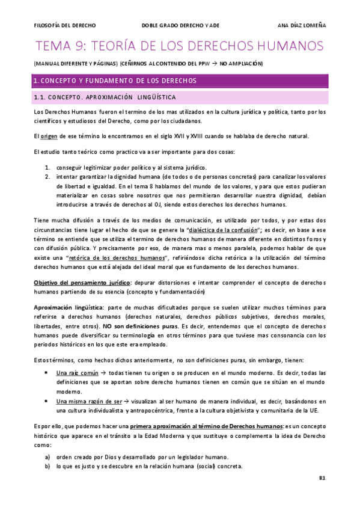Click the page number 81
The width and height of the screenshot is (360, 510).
click(322, 478)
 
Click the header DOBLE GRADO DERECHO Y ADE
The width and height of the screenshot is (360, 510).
click(181, 25)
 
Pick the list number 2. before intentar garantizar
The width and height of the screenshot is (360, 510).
click(47, 177)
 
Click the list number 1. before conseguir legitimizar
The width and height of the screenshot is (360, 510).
click(47, 167)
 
